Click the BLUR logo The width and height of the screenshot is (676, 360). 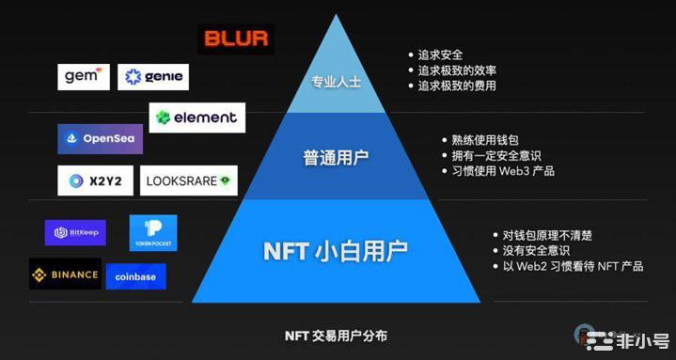(235, 39)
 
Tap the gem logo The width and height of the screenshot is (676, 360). (84, 76)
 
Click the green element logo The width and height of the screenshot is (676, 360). (197, 117)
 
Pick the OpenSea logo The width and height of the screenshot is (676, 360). (100, 138)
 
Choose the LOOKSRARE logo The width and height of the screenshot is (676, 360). (189, 180)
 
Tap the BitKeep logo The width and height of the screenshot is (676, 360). (74, 232)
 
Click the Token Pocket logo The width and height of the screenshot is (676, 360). (153, 233)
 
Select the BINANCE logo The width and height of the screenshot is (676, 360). (65, 274)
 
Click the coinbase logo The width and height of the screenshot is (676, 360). (135, 276)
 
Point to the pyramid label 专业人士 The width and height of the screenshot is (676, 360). (337, 82)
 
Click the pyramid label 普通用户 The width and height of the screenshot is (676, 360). (336, 157)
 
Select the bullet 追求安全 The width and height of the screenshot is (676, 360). (441, 55)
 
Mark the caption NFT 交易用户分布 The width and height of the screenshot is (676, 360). (336, 336)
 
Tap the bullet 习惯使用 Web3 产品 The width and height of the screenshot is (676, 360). (503, 171)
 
